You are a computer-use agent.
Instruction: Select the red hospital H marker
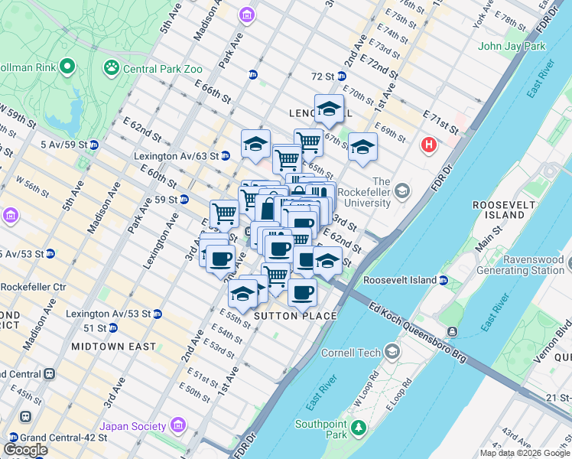pos(430,144)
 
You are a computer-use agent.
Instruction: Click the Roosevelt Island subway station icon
pos(444,281)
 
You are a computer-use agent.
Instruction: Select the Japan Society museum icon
pos(178,425)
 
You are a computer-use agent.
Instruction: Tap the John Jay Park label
pos(512,46)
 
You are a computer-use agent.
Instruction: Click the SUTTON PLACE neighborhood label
pos(294,316)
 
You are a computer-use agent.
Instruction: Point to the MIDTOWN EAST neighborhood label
pos(113,347)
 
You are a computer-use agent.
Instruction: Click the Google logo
pos(25,450)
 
